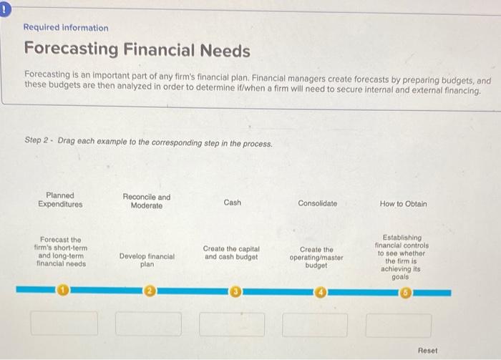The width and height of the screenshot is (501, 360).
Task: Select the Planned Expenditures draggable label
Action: click(x=60, y=200)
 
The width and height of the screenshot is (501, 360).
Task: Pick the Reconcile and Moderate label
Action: click(x=147, y=202)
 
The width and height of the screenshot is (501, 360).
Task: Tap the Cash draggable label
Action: click(x=233, y=203)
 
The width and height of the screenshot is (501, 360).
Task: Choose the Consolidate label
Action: click(x=317, y=204)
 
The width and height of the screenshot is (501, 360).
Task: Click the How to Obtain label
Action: click(x=404, y=204)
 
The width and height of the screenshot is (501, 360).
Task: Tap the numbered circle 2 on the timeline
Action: click(x=150, y=291)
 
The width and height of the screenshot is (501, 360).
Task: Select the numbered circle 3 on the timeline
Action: click(x=235, y=292)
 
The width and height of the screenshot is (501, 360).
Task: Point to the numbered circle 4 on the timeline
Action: click(x=321, y=292)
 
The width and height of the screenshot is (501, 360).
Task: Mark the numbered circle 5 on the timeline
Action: click(x=407, y=292)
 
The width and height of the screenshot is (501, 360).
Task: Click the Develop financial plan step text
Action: click(x=147, y=260)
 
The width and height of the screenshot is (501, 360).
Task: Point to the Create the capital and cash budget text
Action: click(x=231, y=253)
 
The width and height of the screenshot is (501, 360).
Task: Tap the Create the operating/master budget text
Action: click(x=316, y=257)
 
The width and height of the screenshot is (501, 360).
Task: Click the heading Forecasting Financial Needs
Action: click(x=137, y=51)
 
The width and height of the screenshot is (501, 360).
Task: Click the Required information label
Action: click(x=66, y=28)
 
